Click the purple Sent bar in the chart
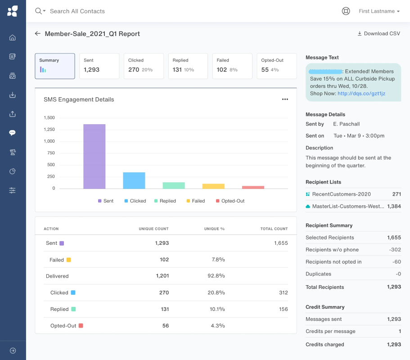pos(95,156)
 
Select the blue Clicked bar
pos(134,180)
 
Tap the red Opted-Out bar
pos(253,187)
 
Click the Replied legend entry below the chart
pos(165,201)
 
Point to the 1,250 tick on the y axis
pos(49,130)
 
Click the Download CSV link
pos(379,33)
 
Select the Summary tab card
pos(55,66)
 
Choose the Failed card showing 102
pos(232,66)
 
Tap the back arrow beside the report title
pos(38,33)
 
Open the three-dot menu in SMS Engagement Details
pos(285,99)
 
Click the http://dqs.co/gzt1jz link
pos(361,93)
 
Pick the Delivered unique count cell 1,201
pos(162,276)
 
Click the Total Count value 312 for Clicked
pos(284,292)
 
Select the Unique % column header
pos(214,229)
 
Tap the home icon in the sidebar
pos(12,38)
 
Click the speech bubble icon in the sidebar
pos(12,133)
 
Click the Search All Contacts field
pos(77,11)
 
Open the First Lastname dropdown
pos(379,11)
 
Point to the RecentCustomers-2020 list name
pos(342,194)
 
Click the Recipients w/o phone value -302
pos(395,250)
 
